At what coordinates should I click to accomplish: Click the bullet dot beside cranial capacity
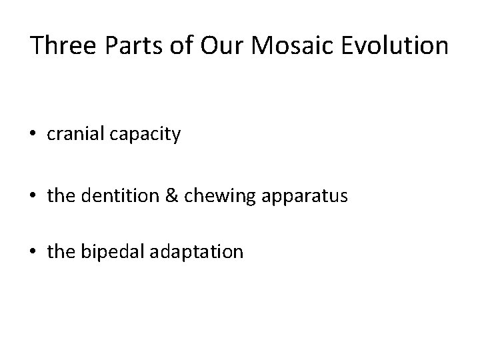[x=34, y=136]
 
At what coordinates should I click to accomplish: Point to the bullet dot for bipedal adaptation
[x=34, y=253]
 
